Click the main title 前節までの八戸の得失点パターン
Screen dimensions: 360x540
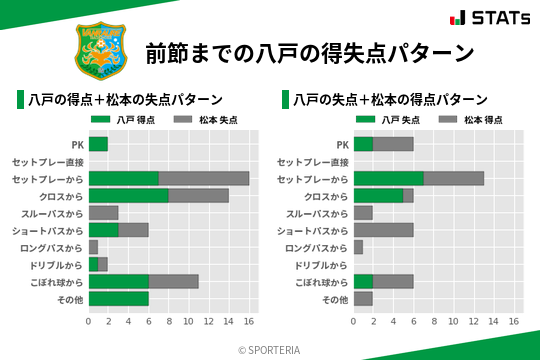point(309,52)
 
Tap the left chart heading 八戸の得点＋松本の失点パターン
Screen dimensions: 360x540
point(125,100)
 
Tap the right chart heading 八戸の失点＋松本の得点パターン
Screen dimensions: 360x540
point(390,100)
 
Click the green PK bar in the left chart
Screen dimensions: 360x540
point(98,144)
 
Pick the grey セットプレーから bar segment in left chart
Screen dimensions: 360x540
point(204,178)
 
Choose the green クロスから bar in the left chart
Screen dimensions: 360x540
point(128,195)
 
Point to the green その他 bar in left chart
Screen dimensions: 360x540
point(118,298)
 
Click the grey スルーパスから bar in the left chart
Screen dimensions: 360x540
point(103,212)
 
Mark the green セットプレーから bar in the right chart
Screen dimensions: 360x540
point(388,178)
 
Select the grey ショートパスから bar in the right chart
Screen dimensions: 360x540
point(383,229)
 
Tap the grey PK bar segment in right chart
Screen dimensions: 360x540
point(393,144)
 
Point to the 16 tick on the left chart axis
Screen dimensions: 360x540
point(249,322)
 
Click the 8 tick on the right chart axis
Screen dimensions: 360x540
point(434,322)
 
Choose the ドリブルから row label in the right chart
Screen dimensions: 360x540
point(317,264)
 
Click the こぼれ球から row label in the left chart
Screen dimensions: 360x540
point(56,281)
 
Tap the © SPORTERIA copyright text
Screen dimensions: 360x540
point(270,349)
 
